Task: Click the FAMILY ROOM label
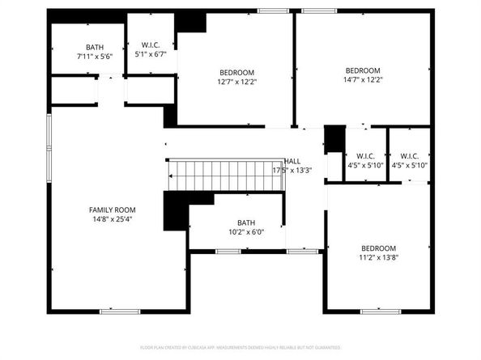(112, 210)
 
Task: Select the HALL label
(292, 162)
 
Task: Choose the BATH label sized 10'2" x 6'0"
(245, 222)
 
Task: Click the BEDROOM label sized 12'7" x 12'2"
(236, 72)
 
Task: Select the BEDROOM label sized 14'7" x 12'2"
(363, 70)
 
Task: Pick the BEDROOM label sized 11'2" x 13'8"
(378, 248)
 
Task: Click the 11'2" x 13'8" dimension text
(378, 258)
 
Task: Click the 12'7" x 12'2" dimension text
(236, 82)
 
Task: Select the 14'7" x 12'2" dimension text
(363, 80)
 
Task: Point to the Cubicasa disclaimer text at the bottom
(240, 346)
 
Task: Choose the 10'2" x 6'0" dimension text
(245, 232)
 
